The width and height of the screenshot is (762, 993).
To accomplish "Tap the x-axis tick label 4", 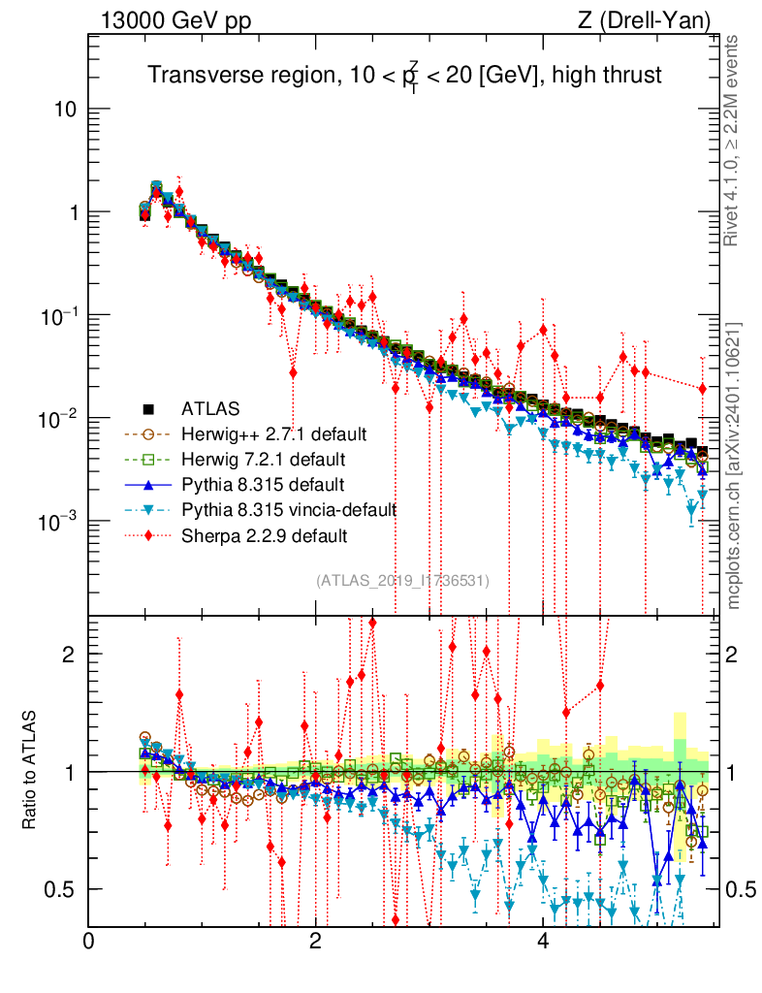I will point(543,942).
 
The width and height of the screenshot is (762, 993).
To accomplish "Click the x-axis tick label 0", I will point(89,942).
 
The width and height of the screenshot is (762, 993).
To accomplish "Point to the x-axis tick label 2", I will point(316,942).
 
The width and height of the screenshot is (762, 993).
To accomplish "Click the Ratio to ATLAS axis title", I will point(30,770).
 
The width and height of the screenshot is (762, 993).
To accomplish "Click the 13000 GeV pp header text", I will point(163,19).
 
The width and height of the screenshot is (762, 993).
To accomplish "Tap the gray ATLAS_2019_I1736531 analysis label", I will point(402,581).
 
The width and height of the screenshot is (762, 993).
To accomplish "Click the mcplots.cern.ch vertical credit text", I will point(734,465).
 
